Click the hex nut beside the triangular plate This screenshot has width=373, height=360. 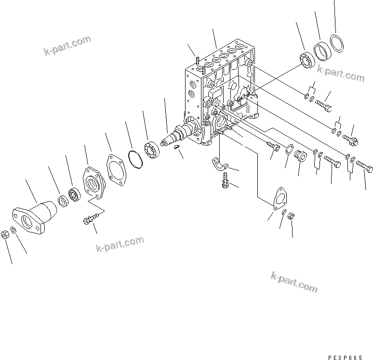click(291, 216)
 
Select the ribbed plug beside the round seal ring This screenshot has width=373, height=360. click(299, 156)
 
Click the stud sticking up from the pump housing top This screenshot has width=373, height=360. click(198, 60)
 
